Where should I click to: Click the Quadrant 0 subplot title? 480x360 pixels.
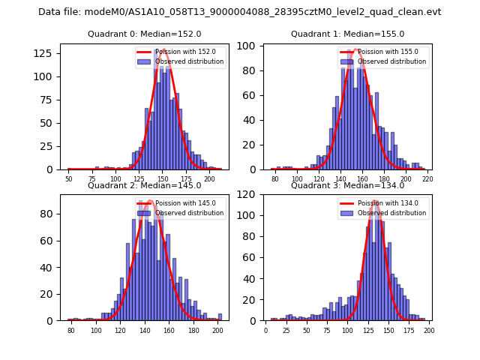pos(145,34)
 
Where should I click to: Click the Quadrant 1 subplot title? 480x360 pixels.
pos(347,34)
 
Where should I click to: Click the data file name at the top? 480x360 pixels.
pos(239,12)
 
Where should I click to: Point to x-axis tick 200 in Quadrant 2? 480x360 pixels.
pos(217,331)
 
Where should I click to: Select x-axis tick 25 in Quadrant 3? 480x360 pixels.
pos(286,331)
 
